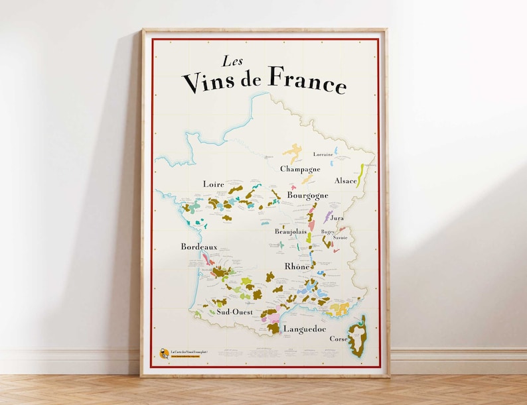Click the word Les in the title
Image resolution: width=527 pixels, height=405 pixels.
pos(232,62)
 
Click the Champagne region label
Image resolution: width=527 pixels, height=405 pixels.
pos(300,169)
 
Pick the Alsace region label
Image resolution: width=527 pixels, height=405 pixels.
pos(346,180)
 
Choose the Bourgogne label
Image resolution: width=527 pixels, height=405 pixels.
pos(307,196)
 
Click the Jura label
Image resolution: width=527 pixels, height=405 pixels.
pos(337,217)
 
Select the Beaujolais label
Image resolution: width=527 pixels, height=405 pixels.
pos(291,231)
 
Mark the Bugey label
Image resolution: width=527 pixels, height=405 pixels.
pos(328,231)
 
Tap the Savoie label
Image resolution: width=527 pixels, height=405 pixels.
pos(340,237)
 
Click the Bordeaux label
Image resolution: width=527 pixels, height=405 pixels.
pos(199,247)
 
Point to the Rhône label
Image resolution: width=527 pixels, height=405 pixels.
pos(297,266)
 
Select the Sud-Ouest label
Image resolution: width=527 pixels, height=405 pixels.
pos(234,312)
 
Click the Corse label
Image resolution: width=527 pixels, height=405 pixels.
pos(339,339)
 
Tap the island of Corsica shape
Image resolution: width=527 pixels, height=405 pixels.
pos(358,337)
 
